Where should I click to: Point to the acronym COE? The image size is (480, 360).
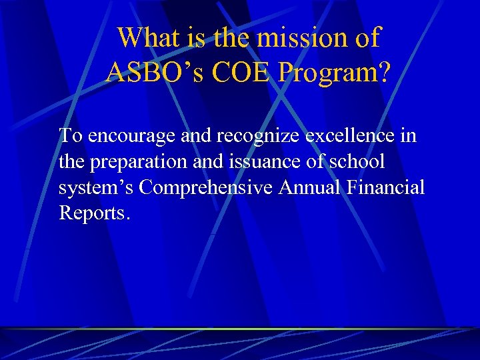click(234, 72)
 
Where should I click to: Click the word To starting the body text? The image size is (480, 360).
click(71, 136)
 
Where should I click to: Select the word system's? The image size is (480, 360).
click(97, 189)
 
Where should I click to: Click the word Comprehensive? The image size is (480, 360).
click(206, 189)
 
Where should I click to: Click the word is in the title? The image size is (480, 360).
click(197, 38)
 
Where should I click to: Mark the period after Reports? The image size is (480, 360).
click(128, 219)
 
